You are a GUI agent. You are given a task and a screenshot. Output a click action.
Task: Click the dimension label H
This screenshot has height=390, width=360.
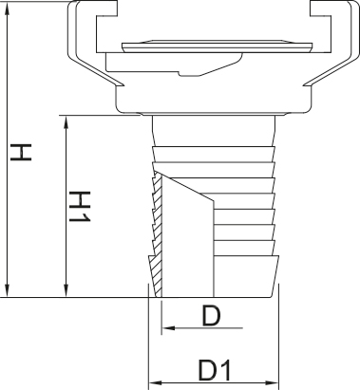pyautogui.click(x=21, y=152)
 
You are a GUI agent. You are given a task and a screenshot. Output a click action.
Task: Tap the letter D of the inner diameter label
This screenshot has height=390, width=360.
pyautogui.click(x=211, y=316)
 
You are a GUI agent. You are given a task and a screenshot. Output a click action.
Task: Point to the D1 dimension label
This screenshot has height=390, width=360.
pyautogui.click(x=215, y=370)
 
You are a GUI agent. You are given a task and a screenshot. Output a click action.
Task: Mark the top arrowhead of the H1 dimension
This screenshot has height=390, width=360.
pyautogui.click(x=66, y=122)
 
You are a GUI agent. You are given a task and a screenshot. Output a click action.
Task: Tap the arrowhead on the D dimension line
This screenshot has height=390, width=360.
pyautogui.click(x=168, y=327)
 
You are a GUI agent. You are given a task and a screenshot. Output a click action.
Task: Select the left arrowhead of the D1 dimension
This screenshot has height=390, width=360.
pyautogui.click(x=156, y=383)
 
